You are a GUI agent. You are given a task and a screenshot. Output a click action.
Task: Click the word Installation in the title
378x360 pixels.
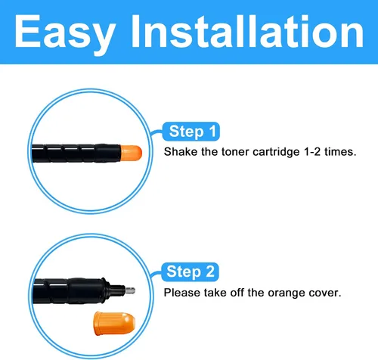pos(248,31)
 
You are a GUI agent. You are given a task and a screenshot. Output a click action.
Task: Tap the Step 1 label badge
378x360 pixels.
pos(191,132)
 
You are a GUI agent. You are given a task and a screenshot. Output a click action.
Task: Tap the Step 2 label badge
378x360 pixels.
pos(190,272)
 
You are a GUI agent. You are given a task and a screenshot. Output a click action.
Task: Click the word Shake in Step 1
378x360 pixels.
pos(181,152)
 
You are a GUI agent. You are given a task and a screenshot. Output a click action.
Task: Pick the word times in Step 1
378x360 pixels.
pos(340,152)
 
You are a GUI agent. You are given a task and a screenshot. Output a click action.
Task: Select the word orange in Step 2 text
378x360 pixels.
pos(284,293)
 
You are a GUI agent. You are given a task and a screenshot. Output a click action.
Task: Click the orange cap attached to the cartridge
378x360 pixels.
pos(131,153)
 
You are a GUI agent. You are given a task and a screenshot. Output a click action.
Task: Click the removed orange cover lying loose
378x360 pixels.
pos(115,324)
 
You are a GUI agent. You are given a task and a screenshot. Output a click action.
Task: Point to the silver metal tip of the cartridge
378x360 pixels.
pos(130,290)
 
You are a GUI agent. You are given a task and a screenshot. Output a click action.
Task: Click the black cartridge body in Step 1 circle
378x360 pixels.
pos(76,154)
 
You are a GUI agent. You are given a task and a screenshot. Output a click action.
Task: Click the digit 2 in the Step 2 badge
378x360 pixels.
pos(210,272)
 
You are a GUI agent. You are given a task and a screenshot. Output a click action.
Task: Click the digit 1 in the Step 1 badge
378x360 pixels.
pos(212,131)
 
